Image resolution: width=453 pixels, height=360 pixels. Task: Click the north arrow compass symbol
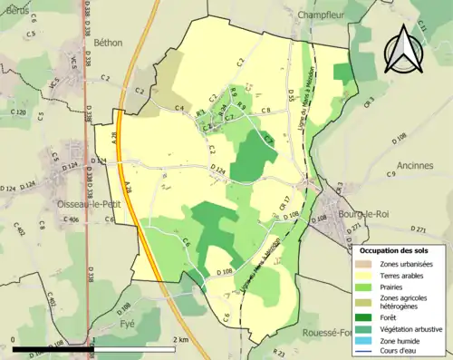click(x=404, y=50)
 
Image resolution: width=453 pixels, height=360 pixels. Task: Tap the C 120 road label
click(x=17, y=112)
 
